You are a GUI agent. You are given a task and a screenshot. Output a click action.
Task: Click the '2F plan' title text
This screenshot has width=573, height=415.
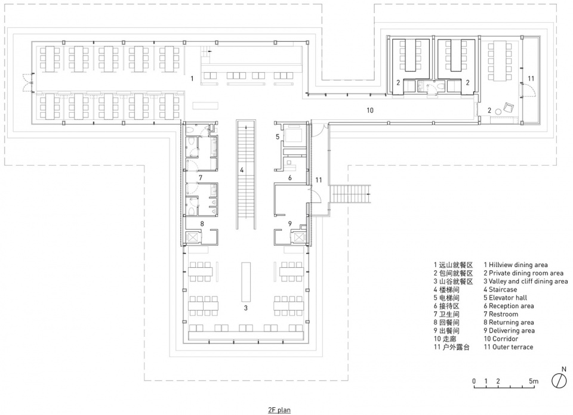(x=279, y=410)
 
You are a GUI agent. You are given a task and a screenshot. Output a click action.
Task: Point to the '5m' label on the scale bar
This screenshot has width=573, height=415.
(x=534, y=381)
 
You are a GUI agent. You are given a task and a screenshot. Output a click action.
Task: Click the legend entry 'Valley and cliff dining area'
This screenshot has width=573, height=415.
(x=528, y=281)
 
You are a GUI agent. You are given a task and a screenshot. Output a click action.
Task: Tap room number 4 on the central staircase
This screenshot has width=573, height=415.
(x=242, y=170)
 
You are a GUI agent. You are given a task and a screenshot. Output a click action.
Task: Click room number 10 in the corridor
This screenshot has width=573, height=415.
(x=370, y=110)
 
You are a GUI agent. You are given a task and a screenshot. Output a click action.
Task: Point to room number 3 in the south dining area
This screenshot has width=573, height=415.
(x=246, y=308)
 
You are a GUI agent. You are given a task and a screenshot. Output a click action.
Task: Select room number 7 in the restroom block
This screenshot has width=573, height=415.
(x=201, y=178)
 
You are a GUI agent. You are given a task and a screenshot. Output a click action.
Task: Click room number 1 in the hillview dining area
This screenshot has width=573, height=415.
(x=192, y=78)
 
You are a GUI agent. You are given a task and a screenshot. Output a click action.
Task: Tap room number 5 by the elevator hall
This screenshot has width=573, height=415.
(x=278, y=137)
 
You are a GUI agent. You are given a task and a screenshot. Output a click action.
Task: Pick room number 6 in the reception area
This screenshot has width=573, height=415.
(x=290, y=178)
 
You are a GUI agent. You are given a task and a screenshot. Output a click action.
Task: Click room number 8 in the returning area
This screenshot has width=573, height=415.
(x=202, y=224)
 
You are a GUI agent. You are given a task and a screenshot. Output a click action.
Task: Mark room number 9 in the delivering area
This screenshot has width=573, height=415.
(x=290, y=224)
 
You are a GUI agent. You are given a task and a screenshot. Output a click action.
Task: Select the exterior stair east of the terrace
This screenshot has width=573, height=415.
(x=350, y=196)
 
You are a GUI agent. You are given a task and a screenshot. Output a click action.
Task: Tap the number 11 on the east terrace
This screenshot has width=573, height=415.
(x=531, y=78)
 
